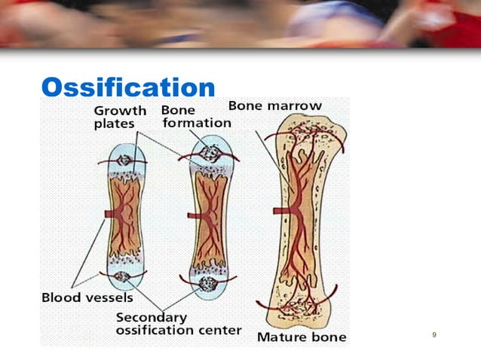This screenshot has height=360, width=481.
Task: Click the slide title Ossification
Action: click(x=127, y=87)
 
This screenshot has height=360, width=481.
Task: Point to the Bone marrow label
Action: click(x=274, y=105)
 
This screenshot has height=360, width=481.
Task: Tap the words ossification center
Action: click(x=179, y=330)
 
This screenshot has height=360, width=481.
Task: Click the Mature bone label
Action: click(x=302, y=337)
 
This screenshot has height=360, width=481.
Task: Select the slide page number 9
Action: click(x=434, y=334)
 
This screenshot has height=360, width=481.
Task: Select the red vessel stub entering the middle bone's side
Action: click(x=191, y=215)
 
